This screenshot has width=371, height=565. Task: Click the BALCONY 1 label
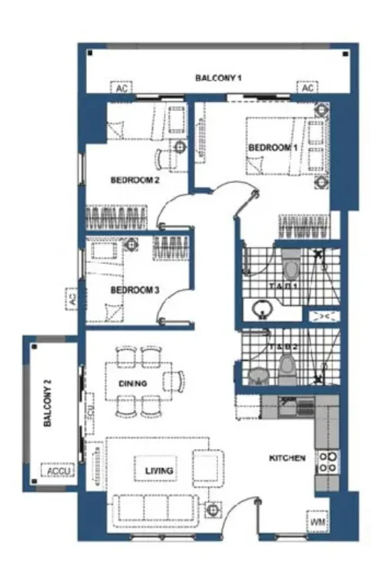(219, 77)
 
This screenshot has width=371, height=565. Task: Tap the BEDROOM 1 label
(271, 147)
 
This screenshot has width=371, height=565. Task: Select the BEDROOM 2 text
(135, 180)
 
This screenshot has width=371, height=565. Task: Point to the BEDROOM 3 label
(134, 290)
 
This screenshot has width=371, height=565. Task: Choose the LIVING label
(155, 470)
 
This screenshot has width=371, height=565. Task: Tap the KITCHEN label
(287, 458)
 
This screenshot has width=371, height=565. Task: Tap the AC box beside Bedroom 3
(72, 300)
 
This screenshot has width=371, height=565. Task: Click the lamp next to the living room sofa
(211, 509)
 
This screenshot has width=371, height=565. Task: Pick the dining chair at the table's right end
(174, 381)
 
